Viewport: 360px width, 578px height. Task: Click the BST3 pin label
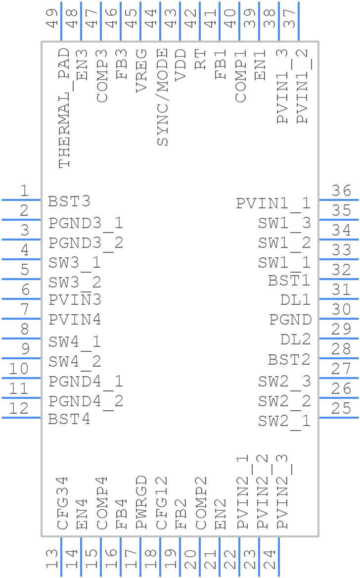69,202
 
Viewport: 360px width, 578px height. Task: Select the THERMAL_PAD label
64,108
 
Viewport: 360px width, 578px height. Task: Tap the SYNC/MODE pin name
163,97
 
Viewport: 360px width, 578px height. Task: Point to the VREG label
141,70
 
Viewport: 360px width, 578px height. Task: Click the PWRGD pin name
141,502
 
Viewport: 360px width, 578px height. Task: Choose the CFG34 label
62,503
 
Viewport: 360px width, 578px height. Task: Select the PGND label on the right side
290,320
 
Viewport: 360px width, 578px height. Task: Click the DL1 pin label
296,300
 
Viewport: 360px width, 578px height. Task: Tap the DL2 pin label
296,339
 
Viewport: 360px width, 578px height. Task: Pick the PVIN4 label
75,320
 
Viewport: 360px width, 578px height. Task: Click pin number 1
24,191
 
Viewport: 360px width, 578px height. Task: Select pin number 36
341,191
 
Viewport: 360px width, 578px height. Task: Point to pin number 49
52,18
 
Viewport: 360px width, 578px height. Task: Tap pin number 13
52,559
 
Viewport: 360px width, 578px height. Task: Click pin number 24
270,559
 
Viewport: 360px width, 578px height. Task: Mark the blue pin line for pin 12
22,418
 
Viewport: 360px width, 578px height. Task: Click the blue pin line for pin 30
338,319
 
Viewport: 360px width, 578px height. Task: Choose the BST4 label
69,420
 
